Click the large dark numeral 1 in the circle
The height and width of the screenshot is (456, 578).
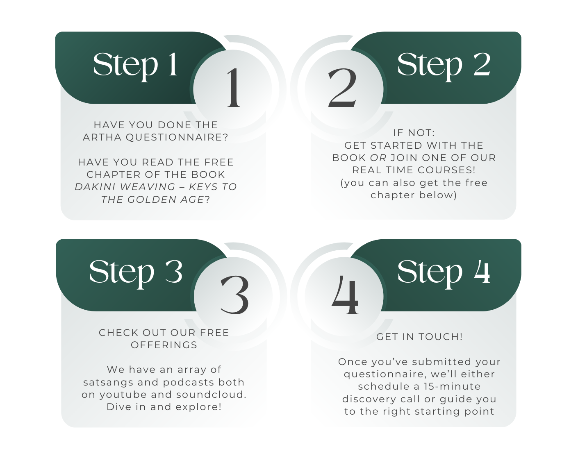click(x=233, y=88)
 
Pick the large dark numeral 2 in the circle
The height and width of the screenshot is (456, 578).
click(x=342, y=88)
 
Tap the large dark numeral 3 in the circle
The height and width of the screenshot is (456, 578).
click(x=234, y=295)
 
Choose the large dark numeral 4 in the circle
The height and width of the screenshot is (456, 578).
click(x=345, y=295)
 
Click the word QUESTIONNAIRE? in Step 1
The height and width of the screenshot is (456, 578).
click(x=177, y=137)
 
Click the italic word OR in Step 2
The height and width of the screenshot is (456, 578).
click(x=378, y=158)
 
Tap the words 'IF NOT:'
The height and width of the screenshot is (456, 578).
click(x=414, y=133)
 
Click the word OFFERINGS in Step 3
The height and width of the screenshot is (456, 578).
click(x=164, y=345)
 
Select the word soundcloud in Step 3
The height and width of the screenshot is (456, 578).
click(x=211, y=395)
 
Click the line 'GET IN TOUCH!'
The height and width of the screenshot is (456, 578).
click(x=419, y=336)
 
